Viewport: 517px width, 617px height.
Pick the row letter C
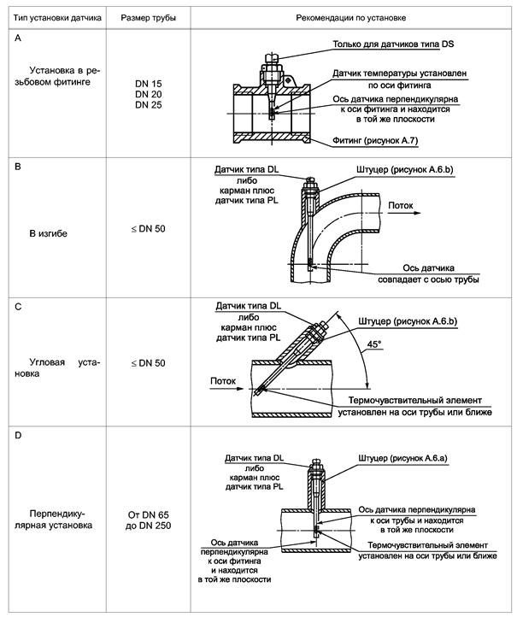click(x=19, y=307)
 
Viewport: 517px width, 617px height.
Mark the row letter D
click(x=19, y=437)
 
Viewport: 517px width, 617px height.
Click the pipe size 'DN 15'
click(x=148, y=82)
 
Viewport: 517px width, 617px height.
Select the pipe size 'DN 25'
click(x=148, y=104)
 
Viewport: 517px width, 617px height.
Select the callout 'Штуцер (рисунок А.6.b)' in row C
click(x=407, y=320)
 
